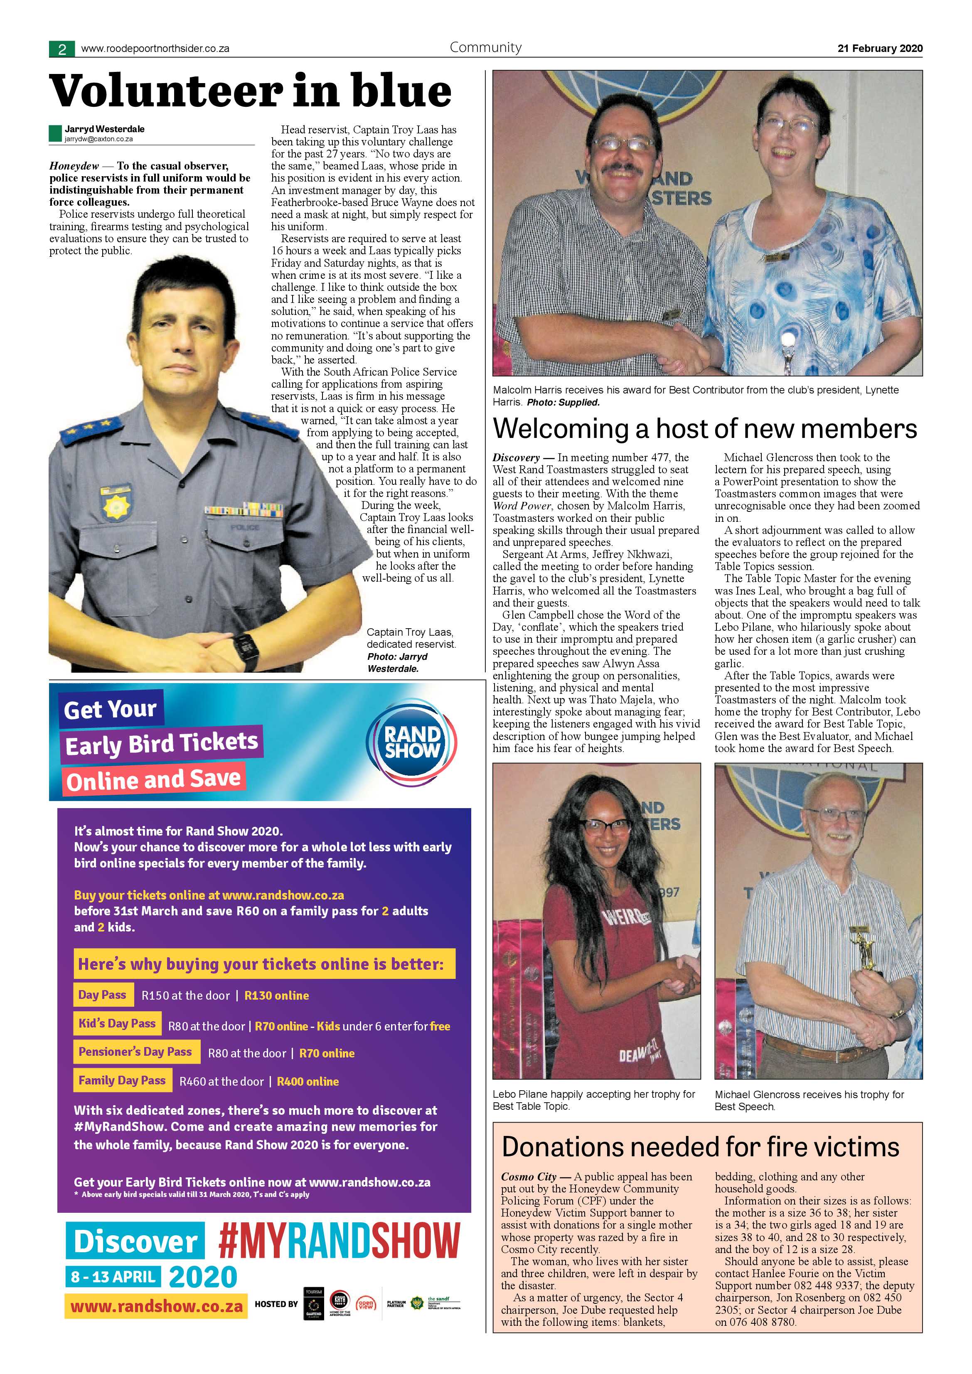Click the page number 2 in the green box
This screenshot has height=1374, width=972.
click(x=62, y=49)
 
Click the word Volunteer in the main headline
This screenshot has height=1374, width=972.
click(x=165, y=91)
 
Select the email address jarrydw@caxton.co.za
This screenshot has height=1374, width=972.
click(x=99, y=139)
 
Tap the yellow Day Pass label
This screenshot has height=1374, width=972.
click(x=102, y=995)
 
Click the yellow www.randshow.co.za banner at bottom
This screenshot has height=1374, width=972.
click(x=155, y=1305)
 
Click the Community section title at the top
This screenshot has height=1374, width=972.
click(x=485, y=47)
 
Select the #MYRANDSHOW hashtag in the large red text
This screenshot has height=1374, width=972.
click(x=339, y=1240)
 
